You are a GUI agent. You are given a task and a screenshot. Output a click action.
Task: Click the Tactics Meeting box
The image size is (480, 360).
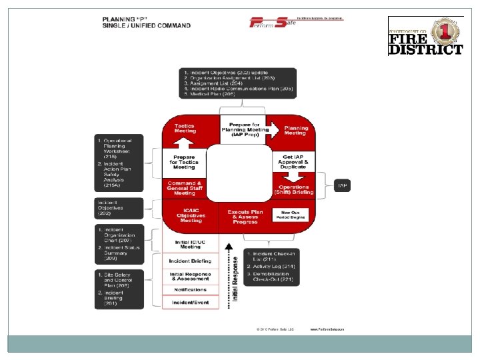pos(185,129)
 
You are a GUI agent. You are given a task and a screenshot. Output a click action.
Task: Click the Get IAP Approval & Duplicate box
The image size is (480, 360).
pos(293,161)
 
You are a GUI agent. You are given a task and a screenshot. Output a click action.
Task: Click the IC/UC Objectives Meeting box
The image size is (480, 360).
pos(190,216)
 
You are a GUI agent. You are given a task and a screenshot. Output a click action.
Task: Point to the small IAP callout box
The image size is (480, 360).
pos(342,184)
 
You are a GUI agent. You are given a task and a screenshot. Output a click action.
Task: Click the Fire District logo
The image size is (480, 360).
pos(425,35)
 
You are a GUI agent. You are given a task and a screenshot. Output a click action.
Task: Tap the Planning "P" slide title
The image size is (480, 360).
pos(146,22)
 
